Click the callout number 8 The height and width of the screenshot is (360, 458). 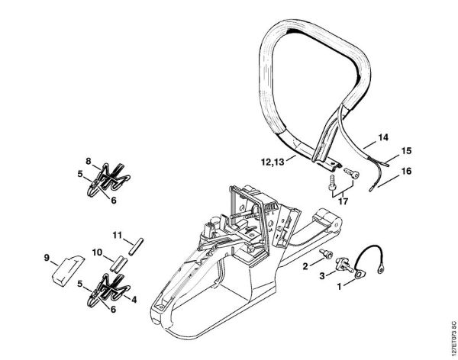click(88, 161)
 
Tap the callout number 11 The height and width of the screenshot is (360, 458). click(118, 234)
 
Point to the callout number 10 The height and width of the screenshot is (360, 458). click(98, 252)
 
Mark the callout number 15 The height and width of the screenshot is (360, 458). click(406, 150)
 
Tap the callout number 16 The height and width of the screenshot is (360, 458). click(406, 172)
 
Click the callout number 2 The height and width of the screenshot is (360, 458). click(305, 265)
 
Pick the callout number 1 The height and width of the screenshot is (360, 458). click(339, 288)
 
